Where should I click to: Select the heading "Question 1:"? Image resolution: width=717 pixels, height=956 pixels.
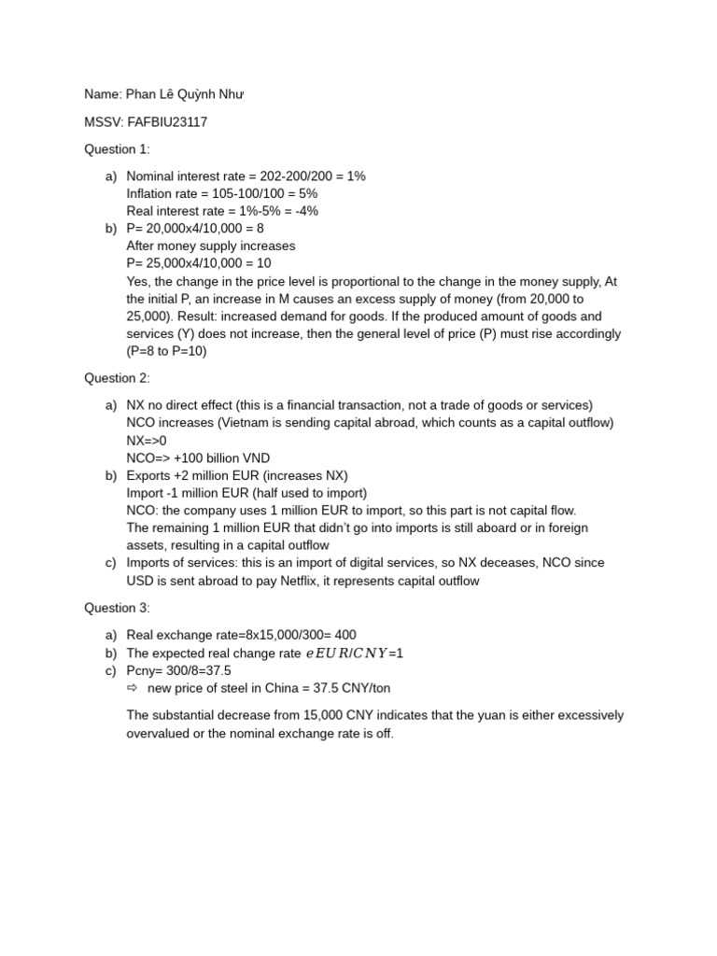[x=117, y=148]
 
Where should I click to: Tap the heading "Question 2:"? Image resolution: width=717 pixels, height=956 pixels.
[x=117, y=378]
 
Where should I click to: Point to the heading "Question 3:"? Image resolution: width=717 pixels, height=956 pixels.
[x=117, y=608]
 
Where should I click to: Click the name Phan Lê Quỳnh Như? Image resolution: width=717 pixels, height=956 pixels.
[x=187, y=94]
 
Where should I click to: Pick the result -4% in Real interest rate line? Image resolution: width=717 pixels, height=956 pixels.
[x=304, y=211]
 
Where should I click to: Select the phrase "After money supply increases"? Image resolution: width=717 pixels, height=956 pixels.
[x=211, y=246]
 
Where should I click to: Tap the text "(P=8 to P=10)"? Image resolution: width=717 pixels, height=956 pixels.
[x=167, y=351]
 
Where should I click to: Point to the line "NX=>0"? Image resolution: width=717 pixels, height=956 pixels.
[x=147, y=440]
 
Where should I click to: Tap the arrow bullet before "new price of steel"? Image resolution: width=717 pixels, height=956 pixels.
[x=132, y=688]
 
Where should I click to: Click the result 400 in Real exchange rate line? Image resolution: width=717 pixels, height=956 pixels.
[x=344, y=635]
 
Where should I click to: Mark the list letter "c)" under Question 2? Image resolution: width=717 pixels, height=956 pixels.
[x=111, y=563]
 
